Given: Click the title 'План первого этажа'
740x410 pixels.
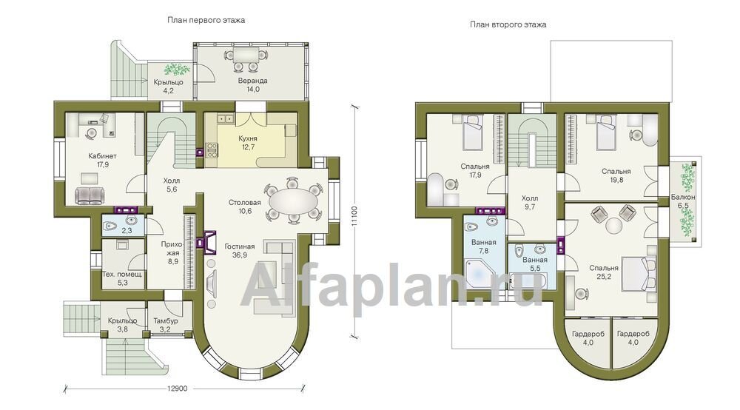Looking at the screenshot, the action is coord(206,20).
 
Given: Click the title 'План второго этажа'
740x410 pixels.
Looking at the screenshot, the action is coord(508,24).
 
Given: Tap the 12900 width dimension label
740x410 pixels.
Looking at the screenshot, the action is coord(177,389).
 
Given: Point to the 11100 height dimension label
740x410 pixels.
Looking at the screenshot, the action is coord(355,218).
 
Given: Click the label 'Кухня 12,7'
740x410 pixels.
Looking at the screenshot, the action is coord(248,143).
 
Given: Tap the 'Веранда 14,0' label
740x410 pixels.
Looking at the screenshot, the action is coord(253,85).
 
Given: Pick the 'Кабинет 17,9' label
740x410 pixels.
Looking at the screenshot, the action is coord(102,161).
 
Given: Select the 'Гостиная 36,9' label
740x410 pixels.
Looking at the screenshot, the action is coord(240,251).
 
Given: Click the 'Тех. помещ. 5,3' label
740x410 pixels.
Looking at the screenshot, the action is coord(122,278).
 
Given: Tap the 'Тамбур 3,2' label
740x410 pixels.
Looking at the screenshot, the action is coord(166,325).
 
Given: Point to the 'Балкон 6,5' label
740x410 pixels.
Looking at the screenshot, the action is coord(683,201).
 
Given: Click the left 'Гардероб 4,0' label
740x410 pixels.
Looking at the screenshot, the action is coord(588,338).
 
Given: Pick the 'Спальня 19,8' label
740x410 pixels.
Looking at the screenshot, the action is coord(616,175).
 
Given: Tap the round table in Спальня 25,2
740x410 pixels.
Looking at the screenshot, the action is coord(614,224).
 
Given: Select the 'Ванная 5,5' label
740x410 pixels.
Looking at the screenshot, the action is coord(535,263).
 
